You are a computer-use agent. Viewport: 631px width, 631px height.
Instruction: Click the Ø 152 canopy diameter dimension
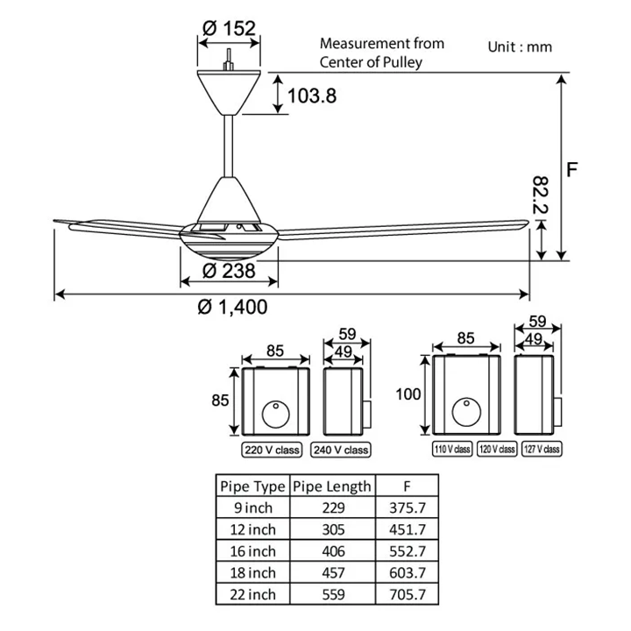click(229, 28)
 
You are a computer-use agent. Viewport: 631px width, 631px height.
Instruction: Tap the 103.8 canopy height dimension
click(312, 95)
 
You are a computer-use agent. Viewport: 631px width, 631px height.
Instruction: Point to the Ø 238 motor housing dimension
click(229, 271)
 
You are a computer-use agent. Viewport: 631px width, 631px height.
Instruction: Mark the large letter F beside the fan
click(571, 169)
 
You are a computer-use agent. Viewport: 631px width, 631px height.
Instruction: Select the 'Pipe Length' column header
click(332, 486)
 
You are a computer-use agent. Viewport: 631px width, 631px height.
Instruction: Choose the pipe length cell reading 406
click(332, 552)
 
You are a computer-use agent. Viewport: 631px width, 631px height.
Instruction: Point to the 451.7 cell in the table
click(407, 530)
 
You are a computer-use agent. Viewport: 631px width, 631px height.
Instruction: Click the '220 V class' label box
click(273, 450)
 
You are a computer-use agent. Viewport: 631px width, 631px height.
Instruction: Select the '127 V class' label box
click(542, 449)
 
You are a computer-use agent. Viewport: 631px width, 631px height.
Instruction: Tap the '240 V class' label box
click(340, 450)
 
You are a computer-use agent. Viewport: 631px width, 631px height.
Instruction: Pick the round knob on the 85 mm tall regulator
click(275, 414)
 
